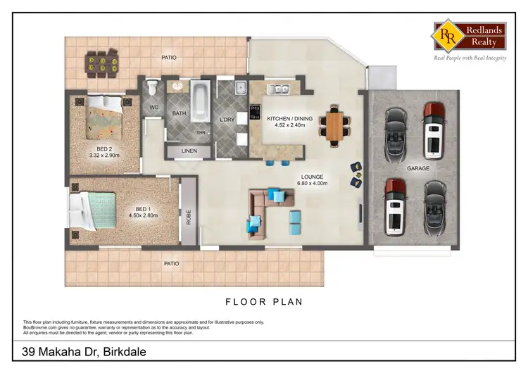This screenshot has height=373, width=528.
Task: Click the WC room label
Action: click(x=154, y=108)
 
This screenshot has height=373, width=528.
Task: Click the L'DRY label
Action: click(x=226, y=120)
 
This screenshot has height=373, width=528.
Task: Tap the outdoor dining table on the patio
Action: click(x=103, y=65)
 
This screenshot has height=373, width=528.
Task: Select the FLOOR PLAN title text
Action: click(x=264, y=302)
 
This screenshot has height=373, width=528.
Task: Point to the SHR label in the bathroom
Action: click(x=201, y=132)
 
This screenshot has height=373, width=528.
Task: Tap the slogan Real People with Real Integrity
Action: click(x=470, y=58)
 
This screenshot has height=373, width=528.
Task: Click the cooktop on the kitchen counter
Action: click(x=255, y=113)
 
